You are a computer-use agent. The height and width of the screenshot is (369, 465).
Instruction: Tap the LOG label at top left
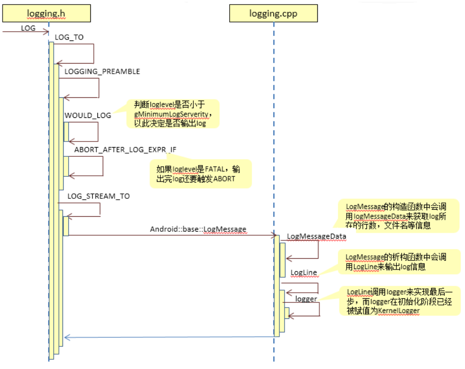click(28, 28)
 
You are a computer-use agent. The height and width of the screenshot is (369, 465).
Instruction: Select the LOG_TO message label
click(69, 37)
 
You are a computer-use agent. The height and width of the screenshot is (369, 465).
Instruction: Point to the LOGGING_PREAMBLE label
click(102, 71)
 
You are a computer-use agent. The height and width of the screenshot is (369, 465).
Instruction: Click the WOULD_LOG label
click(88, 115)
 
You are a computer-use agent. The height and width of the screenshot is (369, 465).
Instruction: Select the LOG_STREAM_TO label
click(98, 196)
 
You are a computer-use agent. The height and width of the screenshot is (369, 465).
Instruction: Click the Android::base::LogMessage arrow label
click(198, 229)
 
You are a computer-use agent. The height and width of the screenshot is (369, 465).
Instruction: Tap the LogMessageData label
click(316, 236)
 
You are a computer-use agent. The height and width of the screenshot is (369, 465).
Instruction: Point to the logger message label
click(306, 298)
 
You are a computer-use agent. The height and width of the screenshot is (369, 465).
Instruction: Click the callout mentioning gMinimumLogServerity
click(173, 114)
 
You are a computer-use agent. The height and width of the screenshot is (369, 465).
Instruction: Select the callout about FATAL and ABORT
click(201, 174)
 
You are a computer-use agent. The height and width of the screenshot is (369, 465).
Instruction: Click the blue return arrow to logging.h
click(169, 337)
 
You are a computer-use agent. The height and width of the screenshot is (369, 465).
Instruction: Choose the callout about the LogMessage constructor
click(395, 216)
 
